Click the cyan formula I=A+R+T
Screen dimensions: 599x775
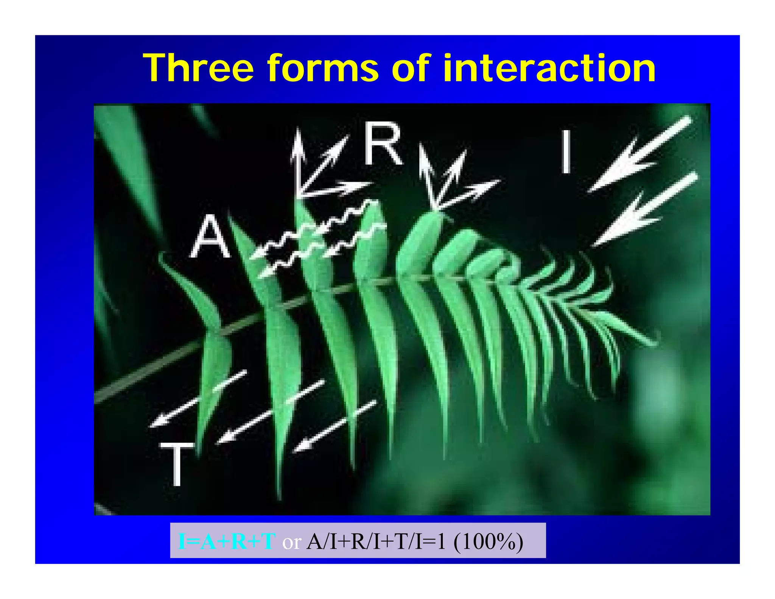[226, 542]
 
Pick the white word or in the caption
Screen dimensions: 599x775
[291, 542]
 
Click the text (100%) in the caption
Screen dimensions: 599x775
[488, 542]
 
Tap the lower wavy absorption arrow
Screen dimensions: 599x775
[322, 252]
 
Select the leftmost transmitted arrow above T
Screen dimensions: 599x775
[197, 399]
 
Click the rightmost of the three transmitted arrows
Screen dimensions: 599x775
[335, 426]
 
